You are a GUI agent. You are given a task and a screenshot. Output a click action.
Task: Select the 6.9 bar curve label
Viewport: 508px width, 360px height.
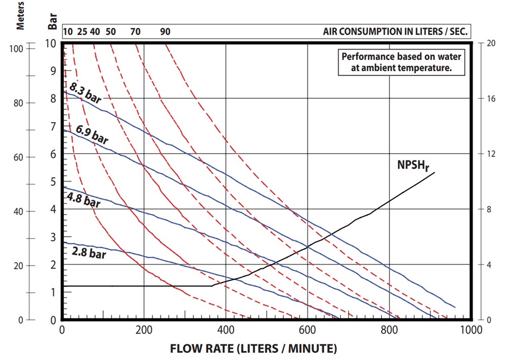tap(92, 135)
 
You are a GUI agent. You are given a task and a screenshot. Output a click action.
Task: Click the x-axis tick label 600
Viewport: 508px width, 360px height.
tap(307, 330)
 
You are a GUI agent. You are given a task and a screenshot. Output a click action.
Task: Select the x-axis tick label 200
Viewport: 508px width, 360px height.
tap(144, 330)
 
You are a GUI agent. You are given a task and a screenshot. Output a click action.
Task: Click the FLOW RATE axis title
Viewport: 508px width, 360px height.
tap(253, 349)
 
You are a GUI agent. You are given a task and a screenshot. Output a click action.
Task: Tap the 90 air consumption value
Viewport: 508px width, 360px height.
tap(165, 32)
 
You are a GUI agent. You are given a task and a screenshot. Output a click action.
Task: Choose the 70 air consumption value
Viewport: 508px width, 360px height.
tap(135, 32)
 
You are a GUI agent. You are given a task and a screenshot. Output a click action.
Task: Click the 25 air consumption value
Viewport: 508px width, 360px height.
tap(81, 32)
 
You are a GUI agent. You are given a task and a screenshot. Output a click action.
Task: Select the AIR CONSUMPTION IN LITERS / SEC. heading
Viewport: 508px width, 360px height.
tap(395, 32)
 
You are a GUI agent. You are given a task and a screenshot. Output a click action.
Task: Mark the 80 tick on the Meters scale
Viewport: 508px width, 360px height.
tap(17, 103)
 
